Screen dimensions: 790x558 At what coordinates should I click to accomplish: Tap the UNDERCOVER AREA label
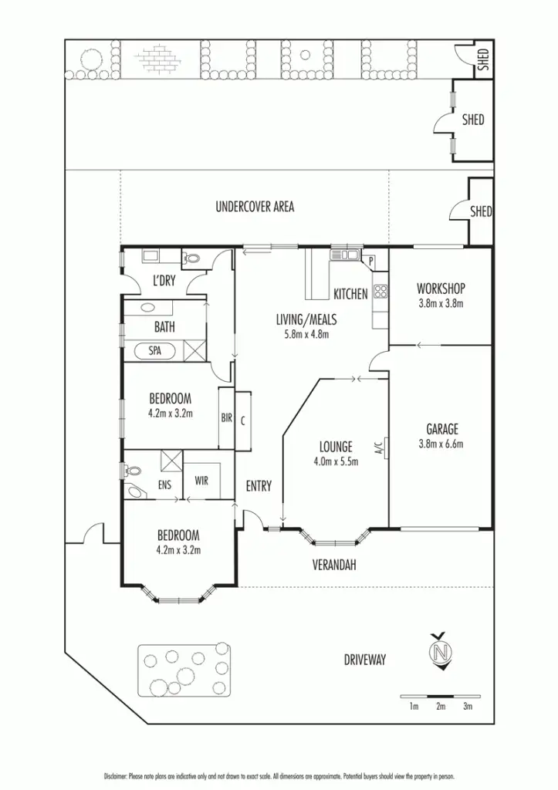[x=254, y=207]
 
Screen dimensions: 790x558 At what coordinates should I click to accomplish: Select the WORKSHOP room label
[x=440, y=289]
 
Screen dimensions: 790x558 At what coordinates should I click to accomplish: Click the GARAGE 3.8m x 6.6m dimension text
[x=441, y=444]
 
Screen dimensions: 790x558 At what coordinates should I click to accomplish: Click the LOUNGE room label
[x=336, y=447]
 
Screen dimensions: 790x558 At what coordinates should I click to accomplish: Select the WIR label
[x=201, y=481]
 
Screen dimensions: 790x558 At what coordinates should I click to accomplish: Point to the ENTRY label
[x=259, y=486]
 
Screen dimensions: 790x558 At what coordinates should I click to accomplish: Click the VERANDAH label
[x=334, y=565]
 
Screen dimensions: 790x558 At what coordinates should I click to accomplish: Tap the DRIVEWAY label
[x=365, y=660]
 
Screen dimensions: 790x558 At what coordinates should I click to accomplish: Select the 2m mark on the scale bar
[x=441, y=706]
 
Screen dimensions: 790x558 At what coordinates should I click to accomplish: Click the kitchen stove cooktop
[x=380, y=292]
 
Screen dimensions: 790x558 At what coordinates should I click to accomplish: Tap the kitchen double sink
[x=344, y=254]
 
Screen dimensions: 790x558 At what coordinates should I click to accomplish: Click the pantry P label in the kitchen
[x=371, y=261]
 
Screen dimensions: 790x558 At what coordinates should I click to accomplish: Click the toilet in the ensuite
[x=133, y=470]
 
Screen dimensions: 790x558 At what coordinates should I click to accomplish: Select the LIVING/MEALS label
[x=306, y=319]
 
